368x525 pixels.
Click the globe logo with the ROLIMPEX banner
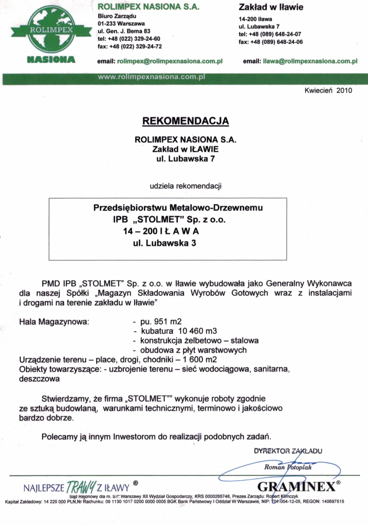(51, 30)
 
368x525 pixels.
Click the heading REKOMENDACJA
(185, 121)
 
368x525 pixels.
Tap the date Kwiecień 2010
(328, 91)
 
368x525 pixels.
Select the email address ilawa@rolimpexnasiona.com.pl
(310, 61)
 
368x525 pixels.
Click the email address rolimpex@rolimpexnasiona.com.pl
(170, 61)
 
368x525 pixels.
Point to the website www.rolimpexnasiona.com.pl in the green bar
(151, 77)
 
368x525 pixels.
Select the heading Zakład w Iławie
(271, 7)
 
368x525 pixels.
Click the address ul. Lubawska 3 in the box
(164, 243)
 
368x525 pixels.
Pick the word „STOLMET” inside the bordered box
(158, 220)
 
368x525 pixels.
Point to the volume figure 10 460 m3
(197, 331)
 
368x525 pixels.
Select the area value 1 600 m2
(200, 360)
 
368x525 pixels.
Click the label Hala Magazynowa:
(54, 322)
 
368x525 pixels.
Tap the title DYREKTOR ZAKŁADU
(288, 451)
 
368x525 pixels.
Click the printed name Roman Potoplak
(288, 467)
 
